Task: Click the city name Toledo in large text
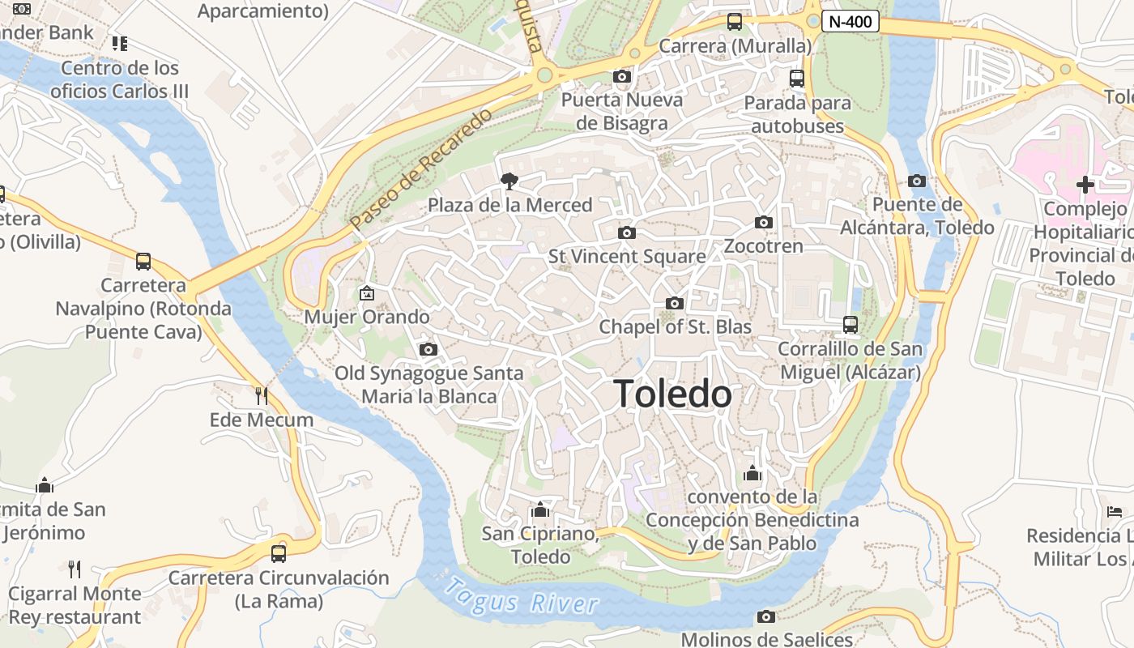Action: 673,394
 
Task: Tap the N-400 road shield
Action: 850,21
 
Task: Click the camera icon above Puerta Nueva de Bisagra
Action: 622,76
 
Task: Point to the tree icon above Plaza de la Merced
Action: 509,180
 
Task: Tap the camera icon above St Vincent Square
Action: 626,233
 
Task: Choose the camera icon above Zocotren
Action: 763,222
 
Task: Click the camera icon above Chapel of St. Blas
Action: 674,304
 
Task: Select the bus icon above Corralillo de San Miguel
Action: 850,325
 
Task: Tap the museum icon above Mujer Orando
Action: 367,293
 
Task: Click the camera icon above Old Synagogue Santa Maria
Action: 428,350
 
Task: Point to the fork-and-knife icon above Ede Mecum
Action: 261,396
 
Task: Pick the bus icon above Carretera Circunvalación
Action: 278,554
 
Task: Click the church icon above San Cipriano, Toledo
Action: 539,510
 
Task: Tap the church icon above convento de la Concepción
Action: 752,473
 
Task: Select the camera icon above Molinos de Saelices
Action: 765,617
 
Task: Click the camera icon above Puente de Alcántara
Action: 917,181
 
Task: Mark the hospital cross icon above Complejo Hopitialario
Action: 1085,185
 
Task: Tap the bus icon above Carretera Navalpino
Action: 143,262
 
